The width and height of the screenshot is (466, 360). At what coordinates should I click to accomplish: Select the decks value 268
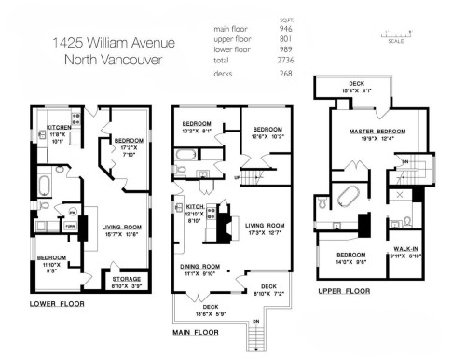286,72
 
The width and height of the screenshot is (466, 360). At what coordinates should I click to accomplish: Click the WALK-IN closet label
405,249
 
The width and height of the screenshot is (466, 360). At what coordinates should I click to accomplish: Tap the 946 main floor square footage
286,29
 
